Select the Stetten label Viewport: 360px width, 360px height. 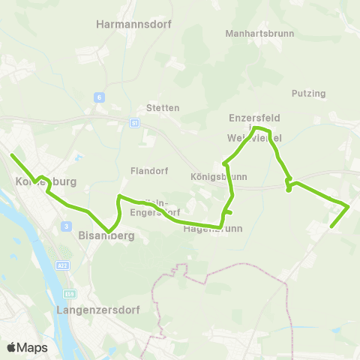tap(163, 108)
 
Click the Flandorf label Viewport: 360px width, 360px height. tap(147, 169)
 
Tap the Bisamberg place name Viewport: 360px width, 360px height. tap(106, 235)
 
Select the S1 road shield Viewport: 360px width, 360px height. tap(134, 122)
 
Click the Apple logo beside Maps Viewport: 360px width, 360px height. tap(12, 347)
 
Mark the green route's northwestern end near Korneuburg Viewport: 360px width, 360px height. tap(11, 155)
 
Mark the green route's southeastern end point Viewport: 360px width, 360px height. tap(331, 226)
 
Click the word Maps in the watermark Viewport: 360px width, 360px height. tap(32, 348)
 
